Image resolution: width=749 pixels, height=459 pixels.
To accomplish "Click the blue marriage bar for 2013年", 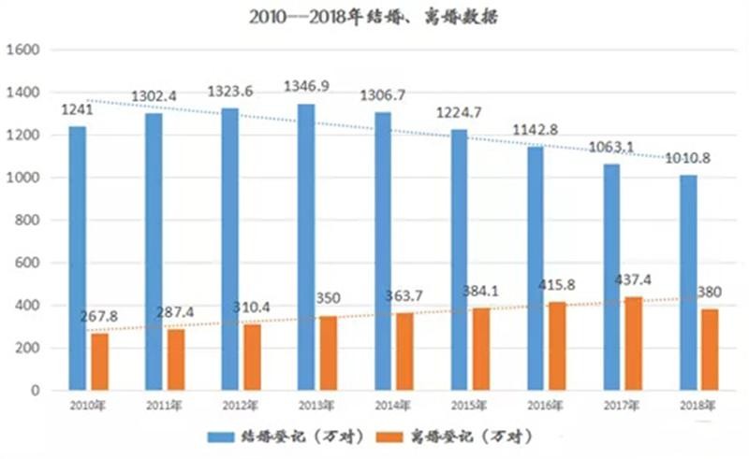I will click(x=306, y=247).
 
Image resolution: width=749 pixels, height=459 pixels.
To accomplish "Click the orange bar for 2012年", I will click(x=252, y=357).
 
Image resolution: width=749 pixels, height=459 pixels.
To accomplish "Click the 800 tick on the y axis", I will click(x=24, y=221).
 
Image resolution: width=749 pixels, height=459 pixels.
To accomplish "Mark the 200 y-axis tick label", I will click(x=24, y=348).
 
